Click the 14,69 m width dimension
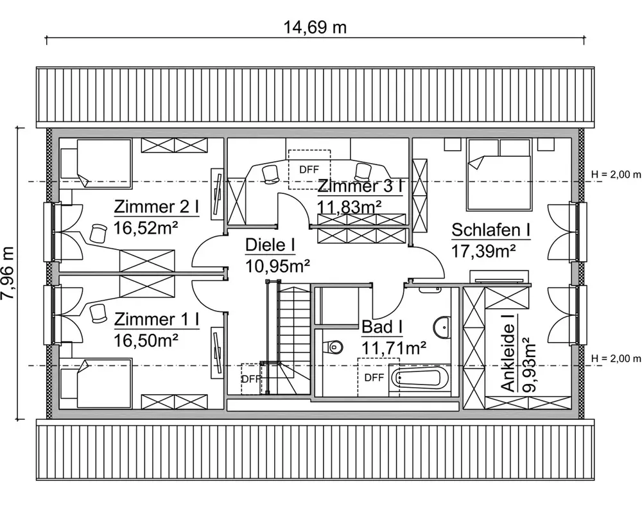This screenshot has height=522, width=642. (315, 28)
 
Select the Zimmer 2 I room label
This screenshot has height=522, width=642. (156, 207)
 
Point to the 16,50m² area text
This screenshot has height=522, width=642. (146, 340)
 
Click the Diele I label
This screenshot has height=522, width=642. (270, 245)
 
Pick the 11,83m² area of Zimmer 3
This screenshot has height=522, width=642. (349, 206)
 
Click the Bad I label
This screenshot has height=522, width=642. (382, 327)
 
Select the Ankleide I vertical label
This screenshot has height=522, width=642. (508, 353)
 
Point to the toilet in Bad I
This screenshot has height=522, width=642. (333, 347)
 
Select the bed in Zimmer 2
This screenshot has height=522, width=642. (96, 164)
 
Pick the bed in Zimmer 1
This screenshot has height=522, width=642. (96, 383)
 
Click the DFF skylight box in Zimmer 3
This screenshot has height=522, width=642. (309, 170)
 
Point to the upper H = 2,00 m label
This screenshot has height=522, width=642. (616, 174)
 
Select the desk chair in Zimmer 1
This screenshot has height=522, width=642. (98, 313)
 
